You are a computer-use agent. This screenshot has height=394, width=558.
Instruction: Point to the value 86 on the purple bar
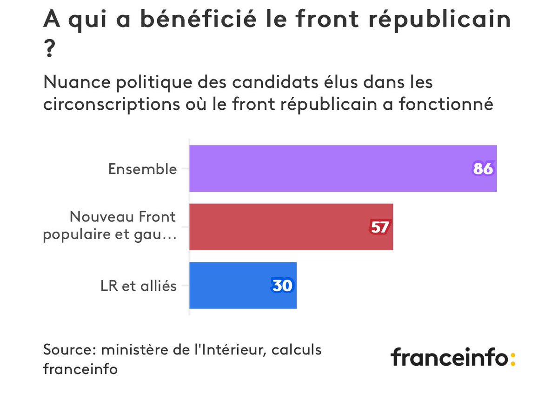(x=483, y=168)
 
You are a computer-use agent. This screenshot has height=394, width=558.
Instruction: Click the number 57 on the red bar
(x=379, y=227)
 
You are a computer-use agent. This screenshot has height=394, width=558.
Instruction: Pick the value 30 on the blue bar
(x=282, y=285)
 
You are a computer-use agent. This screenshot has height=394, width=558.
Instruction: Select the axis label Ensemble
(x=142, y=169)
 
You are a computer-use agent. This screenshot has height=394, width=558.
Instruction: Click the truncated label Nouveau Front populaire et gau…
(x=110, y=226)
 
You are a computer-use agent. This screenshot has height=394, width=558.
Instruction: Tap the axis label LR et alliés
(x=139, y=286)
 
